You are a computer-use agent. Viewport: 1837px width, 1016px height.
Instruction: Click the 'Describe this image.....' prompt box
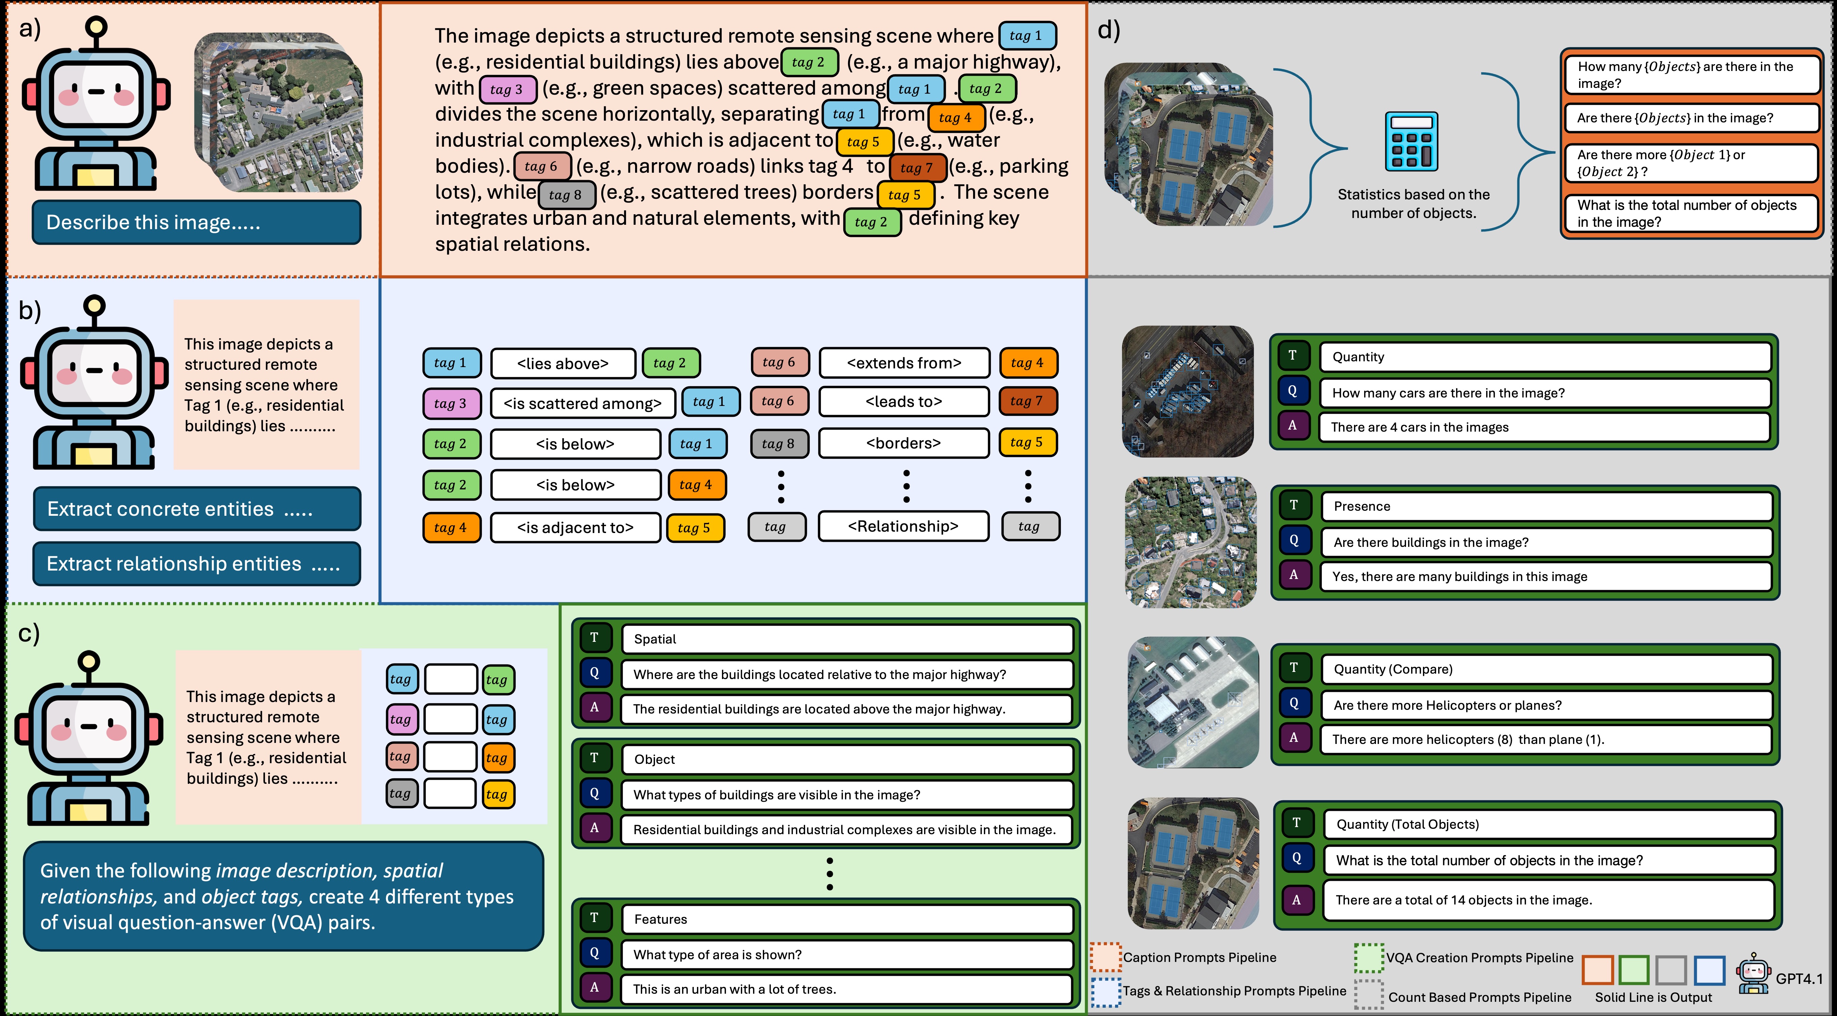point(196,222)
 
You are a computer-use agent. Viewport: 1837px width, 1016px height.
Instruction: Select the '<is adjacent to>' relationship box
point(575,528)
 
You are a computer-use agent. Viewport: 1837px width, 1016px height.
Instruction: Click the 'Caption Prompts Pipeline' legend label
point(1200,958)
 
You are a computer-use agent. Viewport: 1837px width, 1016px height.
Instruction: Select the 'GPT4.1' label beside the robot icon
point(1798,979)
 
